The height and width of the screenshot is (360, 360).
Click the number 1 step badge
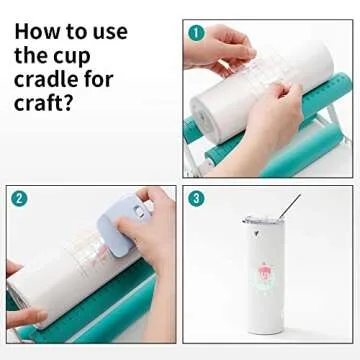coord(196,33)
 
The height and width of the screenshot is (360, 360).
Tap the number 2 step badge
coord(19,198)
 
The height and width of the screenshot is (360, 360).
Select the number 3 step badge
coord(197,198)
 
